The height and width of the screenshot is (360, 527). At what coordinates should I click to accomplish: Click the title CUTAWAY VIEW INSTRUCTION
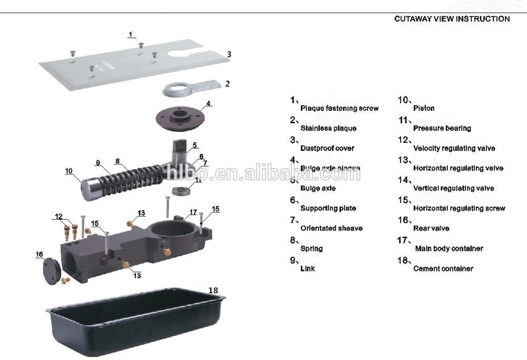pyautogui.click(x=452, y=19)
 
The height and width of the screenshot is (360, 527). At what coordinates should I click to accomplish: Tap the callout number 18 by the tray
pyautogui.click(x=213, y=290)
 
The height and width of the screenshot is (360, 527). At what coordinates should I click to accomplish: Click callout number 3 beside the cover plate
pyautogui.click(x=229, y=54)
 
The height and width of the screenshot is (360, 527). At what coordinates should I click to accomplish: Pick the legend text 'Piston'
pyautogui.click(x=424, y=108)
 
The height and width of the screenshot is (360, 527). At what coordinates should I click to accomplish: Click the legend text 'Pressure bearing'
pyautogui.click(x=442, y=128)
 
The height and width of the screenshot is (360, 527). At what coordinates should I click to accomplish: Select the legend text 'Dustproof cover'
pyautogui.click(x=327, y=148)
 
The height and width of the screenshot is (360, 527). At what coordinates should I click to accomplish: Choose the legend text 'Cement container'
pyautogui.click(x=443, y=268)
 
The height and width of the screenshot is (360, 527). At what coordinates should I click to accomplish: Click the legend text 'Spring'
pyautogui.click(x=311, y=248)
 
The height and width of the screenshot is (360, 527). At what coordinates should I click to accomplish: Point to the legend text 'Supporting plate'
pyautogui.click(x=328, y=208)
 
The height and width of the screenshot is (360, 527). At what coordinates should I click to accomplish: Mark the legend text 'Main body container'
pyautogui.click(x=449, y=248)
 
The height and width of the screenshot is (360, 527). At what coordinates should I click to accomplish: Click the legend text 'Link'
pyautogui.click(x=307, y=268)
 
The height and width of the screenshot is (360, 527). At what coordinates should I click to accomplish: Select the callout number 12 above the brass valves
pyautogui.click(x=58, y=216)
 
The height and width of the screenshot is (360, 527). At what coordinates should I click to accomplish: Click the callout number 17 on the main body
pyautogui.click(x=193, y=212)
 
